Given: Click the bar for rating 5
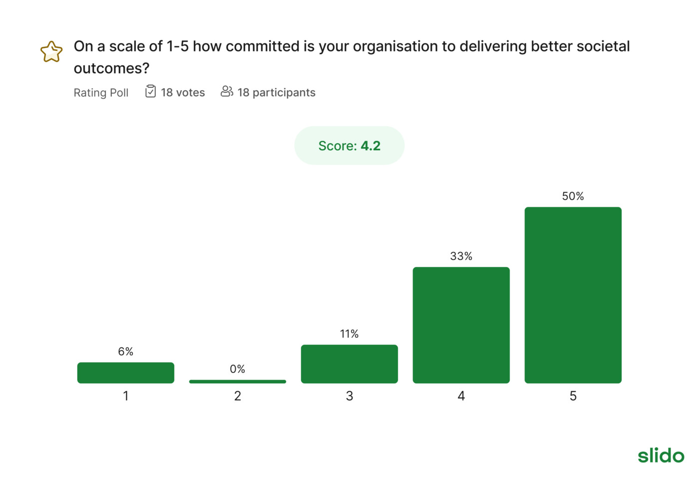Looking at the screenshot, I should pyautogui.click(x=573, y=295).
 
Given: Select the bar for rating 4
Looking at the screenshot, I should pyautogui.click(x=461, y=325).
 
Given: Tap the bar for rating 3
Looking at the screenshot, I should pyautogui.click(x=349, y=364).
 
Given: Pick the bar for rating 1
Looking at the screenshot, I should pyautogui.click(x=125, y=373).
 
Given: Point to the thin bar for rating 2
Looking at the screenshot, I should pyautogui.click(x=237, y=382).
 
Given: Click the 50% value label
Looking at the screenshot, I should pyautogui.click(x=573, y=196).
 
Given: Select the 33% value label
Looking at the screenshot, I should pyautogui.click(x=461, y=256).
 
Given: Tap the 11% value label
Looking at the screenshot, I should pyautogui.click(x=349, y=334).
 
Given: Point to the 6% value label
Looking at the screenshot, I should pyautogui.click(x=125, y=351).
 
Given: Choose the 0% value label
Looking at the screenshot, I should pyautogui.click(x=237, y=369).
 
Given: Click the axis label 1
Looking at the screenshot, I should pyautogui.click(x=125, y=396).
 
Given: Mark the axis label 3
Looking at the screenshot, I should pyautogui.click(x=349, y=396).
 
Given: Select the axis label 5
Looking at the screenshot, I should pyautogui.click(x=573, y=396).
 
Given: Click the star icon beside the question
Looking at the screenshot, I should pyautogui.click(x=51, y=52).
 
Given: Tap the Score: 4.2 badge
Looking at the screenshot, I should pyautogui.click(x=349, y=146).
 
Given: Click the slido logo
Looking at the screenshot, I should pyautogui.click(x=661, y=455).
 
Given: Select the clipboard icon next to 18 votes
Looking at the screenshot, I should pyautogui.click(x=150, y=91).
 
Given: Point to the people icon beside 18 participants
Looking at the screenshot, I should pyautogui.click(x=227, y=91).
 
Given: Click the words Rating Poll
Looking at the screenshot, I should pyautogui.click(x=101, y=93).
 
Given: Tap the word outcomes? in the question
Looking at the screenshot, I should pyautogui.click(x=111, y=68).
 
